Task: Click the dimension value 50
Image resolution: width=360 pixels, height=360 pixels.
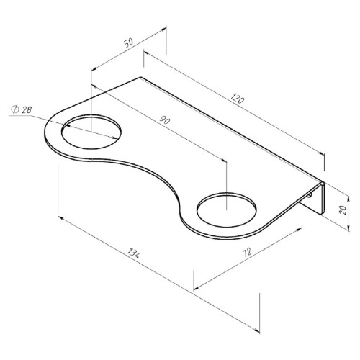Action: tap(128, 42)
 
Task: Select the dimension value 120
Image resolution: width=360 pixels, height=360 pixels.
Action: tap(238, 98)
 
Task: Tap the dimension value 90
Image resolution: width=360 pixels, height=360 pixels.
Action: tap(165, 120)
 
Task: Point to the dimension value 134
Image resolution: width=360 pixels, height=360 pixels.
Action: tap(133, 253)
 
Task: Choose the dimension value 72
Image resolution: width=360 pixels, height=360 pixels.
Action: tap(247, 252)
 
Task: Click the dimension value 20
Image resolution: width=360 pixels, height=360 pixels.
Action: tap(343, 210)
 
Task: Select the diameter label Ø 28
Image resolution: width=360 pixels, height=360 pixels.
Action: tap(21, 109)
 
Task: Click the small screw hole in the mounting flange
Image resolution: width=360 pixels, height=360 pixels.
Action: tap(310, 196)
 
